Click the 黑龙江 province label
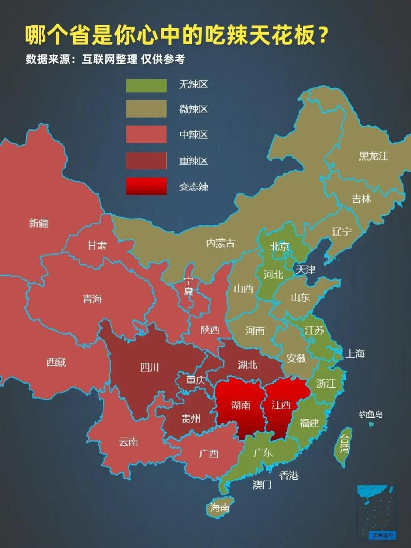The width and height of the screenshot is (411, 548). pos(373,156)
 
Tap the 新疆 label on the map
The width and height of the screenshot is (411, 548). pos(39,223)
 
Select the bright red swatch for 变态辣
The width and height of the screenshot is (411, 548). pos(146,186)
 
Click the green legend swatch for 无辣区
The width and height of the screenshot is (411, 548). pos(146,85)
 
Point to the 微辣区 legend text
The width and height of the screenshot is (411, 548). pos(193,109)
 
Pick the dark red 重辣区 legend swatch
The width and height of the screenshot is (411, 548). pos(146,161)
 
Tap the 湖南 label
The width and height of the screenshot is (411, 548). pos(240,405)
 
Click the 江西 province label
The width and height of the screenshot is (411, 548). pos(281,405)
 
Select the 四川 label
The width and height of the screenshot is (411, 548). pos(149,367)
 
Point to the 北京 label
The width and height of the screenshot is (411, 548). pos(280,246)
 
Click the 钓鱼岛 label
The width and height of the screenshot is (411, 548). pos(371,414)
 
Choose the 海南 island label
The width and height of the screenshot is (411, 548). pos(220,507)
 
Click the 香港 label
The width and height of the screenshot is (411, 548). pos(289,475)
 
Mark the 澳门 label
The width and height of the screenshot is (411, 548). pos(262,485)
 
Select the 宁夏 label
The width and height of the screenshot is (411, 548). pos(188,286)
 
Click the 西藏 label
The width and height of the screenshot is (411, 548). pos(56,362)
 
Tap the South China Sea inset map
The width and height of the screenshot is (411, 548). pos(377,512)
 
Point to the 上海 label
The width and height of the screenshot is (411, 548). pos(355,354)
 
